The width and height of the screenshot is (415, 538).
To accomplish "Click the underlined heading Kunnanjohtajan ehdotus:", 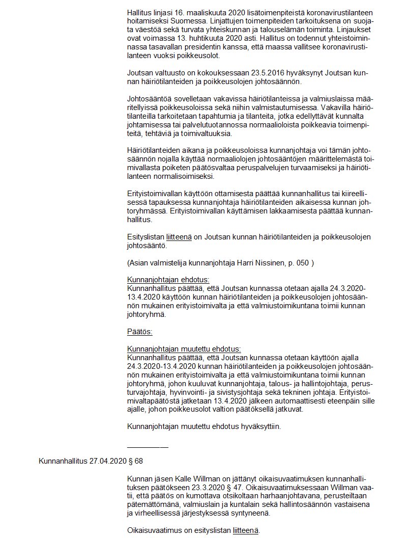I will tap(168, 280).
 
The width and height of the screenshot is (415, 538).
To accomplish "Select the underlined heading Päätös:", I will tap(139, 332).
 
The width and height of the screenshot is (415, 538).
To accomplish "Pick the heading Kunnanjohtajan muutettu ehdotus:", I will tap(184, 349).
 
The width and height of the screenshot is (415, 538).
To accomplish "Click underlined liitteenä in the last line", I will tap(246, 530).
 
